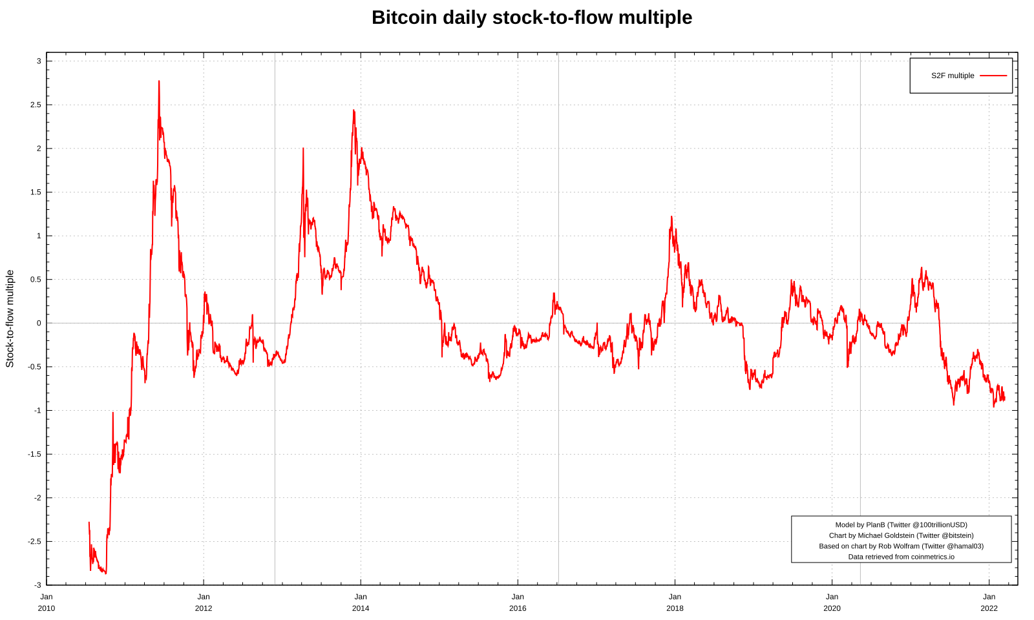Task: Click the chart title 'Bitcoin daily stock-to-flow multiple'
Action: (x=531, y=17)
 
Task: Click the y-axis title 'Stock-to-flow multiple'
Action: (x=10, y=318)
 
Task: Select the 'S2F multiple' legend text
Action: (x=952, y=76)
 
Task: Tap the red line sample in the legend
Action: (x=993, y=76)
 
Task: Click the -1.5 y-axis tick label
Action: (x=34, y=454)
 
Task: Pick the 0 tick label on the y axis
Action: (x=39, y=323)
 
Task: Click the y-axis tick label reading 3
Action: (x=39, y=61)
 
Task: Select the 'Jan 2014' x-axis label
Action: (x=361, y=603)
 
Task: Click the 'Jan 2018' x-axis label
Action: (x=675, y=603)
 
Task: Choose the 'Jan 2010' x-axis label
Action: (x=47, y=603)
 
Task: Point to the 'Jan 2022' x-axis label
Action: (x=989, y=603)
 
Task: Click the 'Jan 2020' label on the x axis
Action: (x=832, y=603)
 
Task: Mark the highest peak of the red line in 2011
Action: (x=159, y=81)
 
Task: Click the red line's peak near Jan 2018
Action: (x=671, y=217)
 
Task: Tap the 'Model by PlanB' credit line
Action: (x=901, y=525)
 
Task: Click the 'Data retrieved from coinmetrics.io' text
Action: (x=901, y=557)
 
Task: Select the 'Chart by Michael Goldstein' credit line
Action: (x=901, y=535)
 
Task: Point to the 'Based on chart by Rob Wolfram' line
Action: (x=901, y=546)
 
